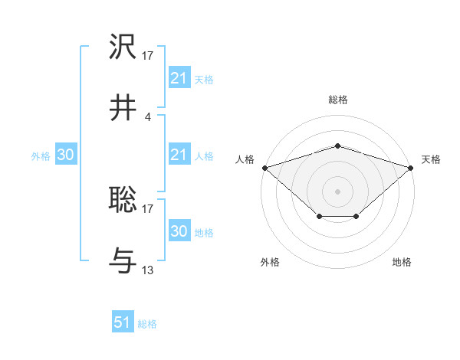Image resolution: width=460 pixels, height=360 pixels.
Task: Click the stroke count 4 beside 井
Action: [x=148, y=116]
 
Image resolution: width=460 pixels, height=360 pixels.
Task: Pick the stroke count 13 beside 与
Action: [x=148, y=270]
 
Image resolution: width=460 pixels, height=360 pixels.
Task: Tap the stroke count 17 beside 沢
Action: [x=148, y=55]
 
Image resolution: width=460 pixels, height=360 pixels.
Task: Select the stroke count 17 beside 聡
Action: [x=148, y=208]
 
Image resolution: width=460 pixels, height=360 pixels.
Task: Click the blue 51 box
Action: [x=123, y=322]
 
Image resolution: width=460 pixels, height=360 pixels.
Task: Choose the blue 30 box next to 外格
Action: [x=66, y=155]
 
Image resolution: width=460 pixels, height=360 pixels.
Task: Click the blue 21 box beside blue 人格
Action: [x=179, y=155]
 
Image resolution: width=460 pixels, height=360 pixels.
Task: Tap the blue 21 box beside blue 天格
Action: [x=179, y=78]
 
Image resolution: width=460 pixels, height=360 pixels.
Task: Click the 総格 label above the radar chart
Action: [x=337, y=100]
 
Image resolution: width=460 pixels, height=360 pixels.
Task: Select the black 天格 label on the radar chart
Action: [x=431, y=159]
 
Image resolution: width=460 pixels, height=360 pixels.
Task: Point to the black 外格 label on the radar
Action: [x=270, y=262]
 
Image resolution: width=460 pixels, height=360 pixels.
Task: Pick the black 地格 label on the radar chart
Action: [x=402, y=262]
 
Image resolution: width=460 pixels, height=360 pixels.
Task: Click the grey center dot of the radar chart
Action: [x=337, y=191]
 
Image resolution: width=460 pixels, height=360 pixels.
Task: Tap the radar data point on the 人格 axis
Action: [x=264, y=167]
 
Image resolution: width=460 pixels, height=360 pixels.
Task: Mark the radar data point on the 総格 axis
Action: [x=337, y=146]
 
